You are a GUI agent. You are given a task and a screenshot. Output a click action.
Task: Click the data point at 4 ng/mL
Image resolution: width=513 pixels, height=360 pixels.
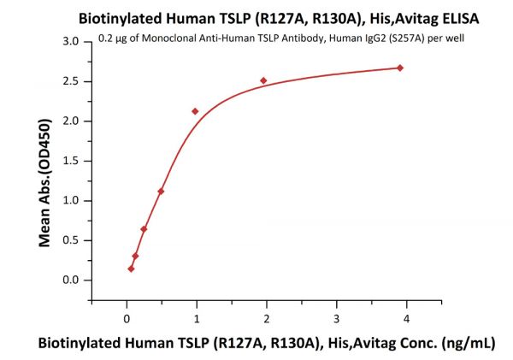click(x=400, y=68)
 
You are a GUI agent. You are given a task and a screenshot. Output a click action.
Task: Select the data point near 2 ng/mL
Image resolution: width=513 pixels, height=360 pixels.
click(x=263, y=80)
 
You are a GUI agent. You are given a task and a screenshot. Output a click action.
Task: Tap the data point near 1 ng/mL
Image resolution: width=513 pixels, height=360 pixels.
click(x=196, y=111)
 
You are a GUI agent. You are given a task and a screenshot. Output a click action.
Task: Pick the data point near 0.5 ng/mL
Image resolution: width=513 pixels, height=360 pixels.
click(x=161, y=192)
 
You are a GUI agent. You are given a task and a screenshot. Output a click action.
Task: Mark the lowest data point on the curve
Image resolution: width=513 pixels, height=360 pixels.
click(x=131, y=269)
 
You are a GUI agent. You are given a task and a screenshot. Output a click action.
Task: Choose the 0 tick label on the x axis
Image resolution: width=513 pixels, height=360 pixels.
click(x=127, y=318)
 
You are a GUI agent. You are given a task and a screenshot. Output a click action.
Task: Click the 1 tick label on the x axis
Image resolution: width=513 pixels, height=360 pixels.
click(x=197, y=318)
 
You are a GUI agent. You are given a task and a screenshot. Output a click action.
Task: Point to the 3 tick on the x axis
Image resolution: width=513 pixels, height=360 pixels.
click(x=336, y=318)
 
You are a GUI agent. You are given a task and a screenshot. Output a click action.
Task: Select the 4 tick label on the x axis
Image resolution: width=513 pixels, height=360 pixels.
click(x=406, y=318)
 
